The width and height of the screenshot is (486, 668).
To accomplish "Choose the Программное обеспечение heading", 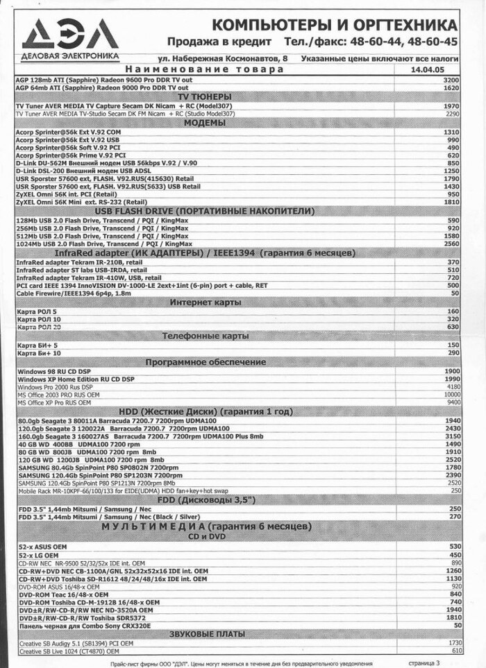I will point(206,361).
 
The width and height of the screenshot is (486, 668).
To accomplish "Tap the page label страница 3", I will point(423,662).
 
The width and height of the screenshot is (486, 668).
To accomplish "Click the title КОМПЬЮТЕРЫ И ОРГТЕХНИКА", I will point(334,26).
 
